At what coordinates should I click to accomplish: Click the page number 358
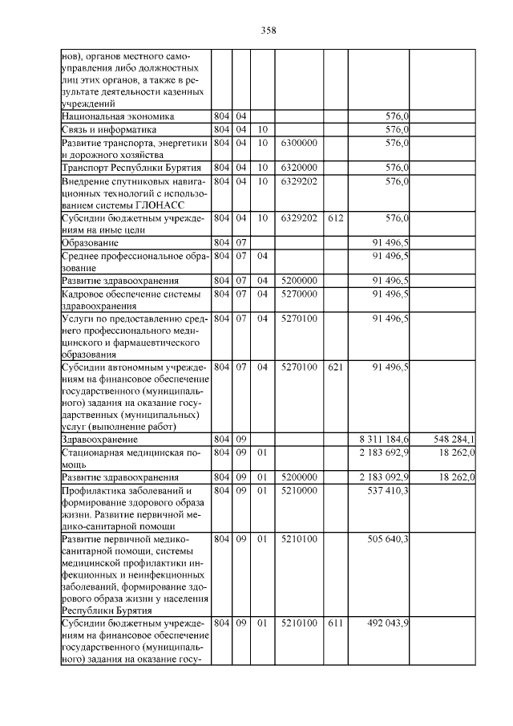tap(269, 30)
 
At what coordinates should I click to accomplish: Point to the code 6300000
tap(298, 142)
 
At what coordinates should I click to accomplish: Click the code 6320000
tap(298, 168)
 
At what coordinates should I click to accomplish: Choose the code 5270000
tap(298, 294)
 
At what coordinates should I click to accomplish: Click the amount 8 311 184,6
tap(380, 440)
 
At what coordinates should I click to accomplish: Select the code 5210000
tap(298, 491)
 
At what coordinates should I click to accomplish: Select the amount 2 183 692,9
tap(380, 452)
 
